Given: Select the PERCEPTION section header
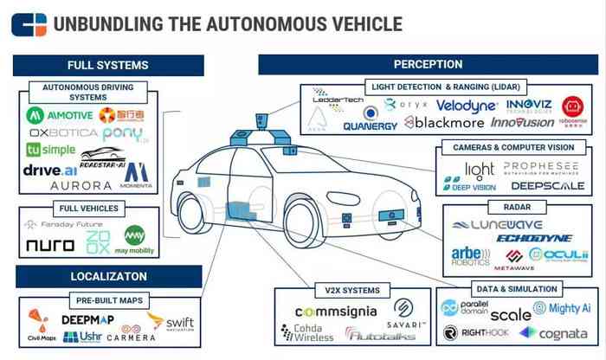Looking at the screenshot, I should [428, 65].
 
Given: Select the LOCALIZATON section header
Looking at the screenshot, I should [107, 277].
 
